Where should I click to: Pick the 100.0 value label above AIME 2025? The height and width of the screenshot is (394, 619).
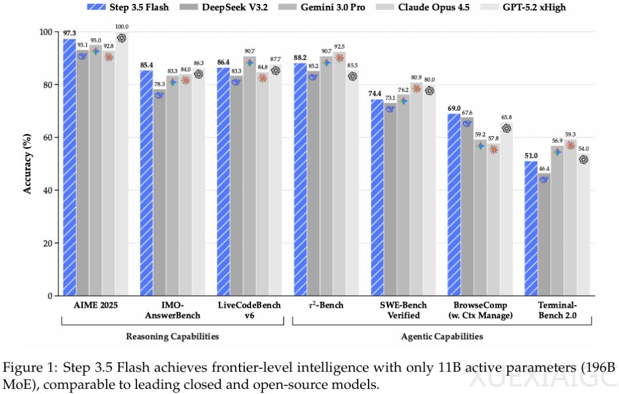(121, 27)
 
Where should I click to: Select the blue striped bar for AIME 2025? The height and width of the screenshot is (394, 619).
(69, 166)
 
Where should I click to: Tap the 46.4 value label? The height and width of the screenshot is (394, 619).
(544, 168)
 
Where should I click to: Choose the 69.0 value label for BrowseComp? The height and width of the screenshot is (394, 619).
(453, 108)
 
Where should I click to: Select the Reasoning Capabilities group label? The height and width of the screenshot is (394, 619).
(172, 336)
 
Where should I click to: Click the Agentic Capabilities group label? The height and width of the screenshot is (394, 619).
(441, 336)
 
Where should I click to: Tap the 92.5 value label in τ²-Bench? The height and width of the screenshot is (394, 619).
(339, 46)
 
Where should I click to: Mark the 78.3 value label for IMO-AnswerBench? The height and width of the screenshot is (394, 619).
(159, 84)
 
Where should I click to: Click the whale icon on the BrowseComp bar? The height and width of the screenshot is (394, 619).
(467, 123)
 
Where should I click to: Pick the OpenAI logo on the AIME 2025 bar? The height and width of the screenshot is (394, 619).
(121, 38)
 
